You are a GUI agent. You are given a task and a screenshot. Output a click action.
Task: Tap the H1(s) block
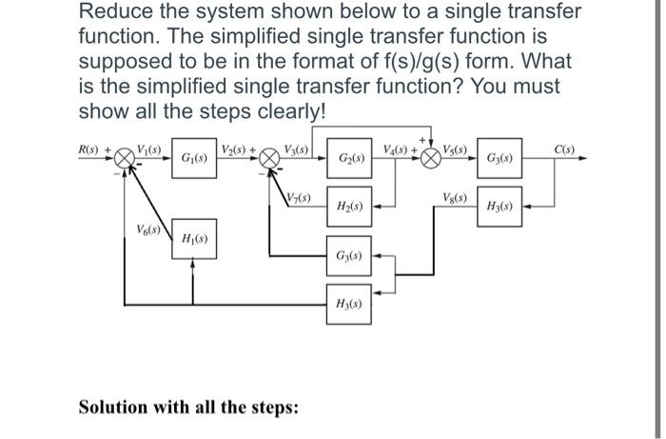point(193,239)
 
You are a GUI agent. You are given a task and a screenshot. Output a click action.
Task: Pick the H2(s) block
point(346,206)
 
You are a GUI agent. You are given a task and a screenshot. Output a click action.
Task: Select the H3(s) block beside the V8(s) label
point(501,206)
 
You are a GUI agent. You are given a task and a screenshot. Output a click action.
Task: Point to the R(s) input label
point(91,149)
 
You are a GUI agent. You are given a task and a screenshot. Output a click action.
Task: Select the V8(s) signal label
point(455,197)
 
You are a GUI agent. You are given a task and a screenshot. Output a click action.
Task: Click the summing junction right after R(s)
point(124,158)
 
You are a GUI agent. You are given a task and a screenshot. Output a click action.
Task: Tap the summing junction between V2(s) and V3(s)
point(270,158)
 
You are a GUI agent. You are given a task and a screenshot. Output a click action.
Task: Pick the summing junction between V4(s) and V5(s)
point(430,158)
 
